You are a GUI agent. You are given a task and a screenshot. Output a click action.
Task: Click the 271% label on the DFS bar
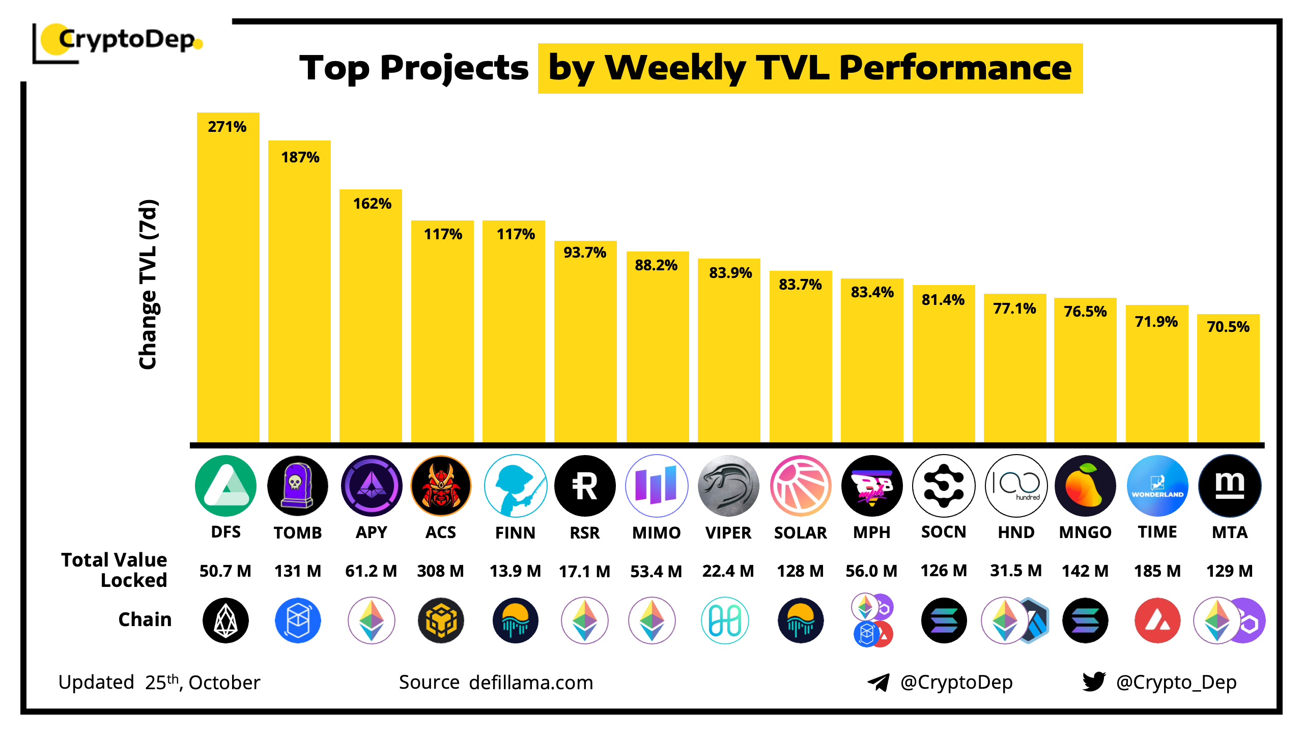pyautogui.click(x=227, y=127)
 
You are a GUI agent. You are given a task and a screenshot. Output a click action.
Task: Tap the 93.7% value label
pyautogui.click(x=585, y=252)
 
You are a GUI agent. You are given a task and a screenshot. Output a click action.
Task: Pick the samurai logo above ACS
pyautogui.click(x=441, y=486)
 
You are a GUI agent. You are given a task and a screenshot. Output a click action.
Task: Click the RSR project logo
pyautogui.click(x=585, y=486)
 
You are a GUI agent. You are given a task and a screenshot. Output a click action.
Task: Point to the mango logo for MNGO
pyautogui.click(x=1085, y=486)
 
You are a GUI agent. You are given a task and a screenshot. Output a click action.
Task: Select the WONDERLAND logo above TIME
pyautogui.click(x=1157, y=486)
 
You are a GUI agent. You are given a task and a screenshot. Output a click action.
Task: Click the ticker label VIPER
pyautogui.click(x=728, y=532)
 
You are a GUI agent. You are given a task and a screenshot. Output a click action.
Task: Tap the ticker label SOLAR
pyautogui.click(x=800, y=532)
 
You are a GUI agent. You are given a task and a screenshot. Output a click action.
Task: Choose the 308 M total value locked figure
pyautogui.click(x=440, y=571)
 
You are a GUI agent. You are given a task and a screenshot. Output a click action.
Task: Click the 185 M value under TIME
pyautogui.click(x=1157, y=571)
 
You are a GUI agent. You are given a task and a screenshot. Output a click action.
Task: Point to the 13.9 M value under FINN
pyautogui.click(x=515, y=571)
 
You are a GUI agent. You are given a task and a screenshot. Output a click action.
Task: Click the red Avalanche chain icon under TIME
pyautogui.click(x=1157, y=621)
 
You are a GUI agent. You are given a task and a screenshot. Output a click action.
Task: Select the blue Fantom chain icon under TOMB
pyautogui.click(x=298, y=621)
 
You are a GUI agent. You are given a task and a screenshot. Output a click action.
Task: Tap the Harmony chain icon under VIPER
pyautogui.click(x=725, y=621)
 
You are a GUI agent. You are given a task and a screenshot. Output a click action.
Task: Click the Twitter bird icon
pyautogui.click(x=1094, y=682)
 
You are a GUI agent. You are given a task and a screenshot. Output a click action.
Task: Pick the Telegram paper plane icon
pyautogui.click(x=879, y=682)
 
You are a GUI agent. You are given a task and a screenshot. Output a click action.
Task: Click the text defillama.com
pyautogui.click(x=531, y=683)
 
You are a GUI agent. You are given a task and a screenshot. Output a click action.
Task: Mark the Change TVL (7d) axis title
pyautogui.click(x=148, y=284)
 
